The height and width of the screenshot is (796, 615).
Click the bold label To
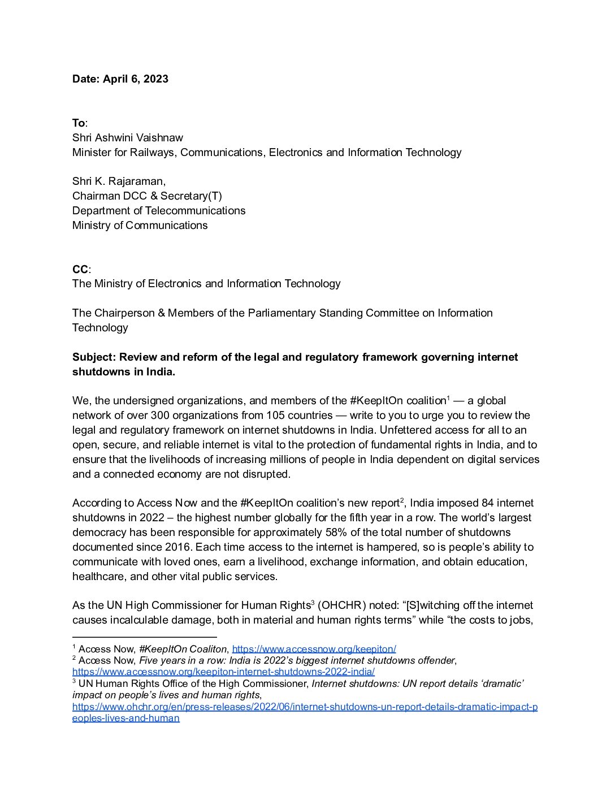pos(79,123)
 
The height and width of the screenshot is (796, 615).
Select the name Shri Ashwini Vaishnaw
pos(128,138)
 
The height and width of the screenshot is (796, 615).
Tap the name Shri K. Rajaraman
pos(119,181)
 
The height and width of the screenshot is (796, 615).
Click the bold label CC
pos(80,269)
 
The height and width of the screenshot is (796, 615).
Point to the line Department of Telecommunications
pos(159,211)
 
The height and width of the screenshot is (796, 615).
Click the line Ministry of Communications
pos(140,226)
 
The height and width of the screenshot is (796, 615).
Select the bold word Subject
pos(94,357)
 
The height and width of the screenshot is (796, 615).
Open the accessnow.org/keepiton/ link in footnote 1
pos(314,649)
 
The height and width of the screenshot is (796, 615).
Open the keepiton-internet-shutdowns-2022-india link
pos(223,672)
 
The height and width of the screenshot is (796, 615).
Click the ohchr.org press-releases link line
pos(305,707)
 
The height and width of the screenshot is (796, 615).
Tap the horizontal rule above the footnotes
pos(144,637)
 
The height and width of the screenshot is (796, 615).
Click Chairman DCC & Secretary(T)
pos(147,196)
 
